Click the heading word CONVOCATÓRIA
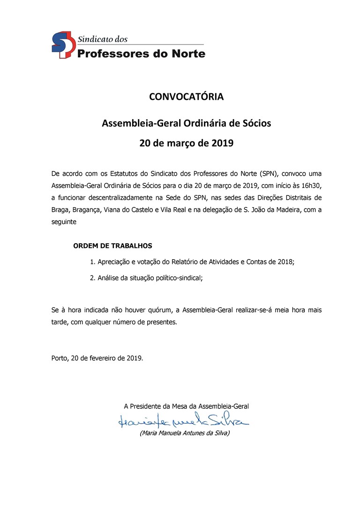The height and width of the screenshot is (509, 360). pos(186,97)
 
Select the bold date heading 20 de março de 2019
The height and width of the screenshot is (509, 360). pos(186,143)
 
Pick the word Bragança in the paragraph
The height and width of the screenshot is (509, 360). pos(92,210)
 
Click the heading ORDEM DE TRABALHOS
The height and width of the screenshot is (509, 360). pos(113,246)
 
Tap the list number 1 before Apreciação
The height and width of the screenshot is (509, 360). pos(92,262)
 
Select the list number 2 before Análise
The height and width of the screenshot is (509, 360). pos(92,277)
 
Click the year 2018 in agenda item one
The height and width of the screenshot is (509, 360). pos(284,262)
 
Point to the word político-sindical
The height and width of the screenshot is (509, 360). pos(179,277)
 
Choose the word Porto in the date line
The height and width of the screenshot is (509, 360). pos(60,358)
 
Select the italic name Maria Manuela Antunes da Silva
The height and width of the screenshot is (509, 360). pos(185,433)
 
